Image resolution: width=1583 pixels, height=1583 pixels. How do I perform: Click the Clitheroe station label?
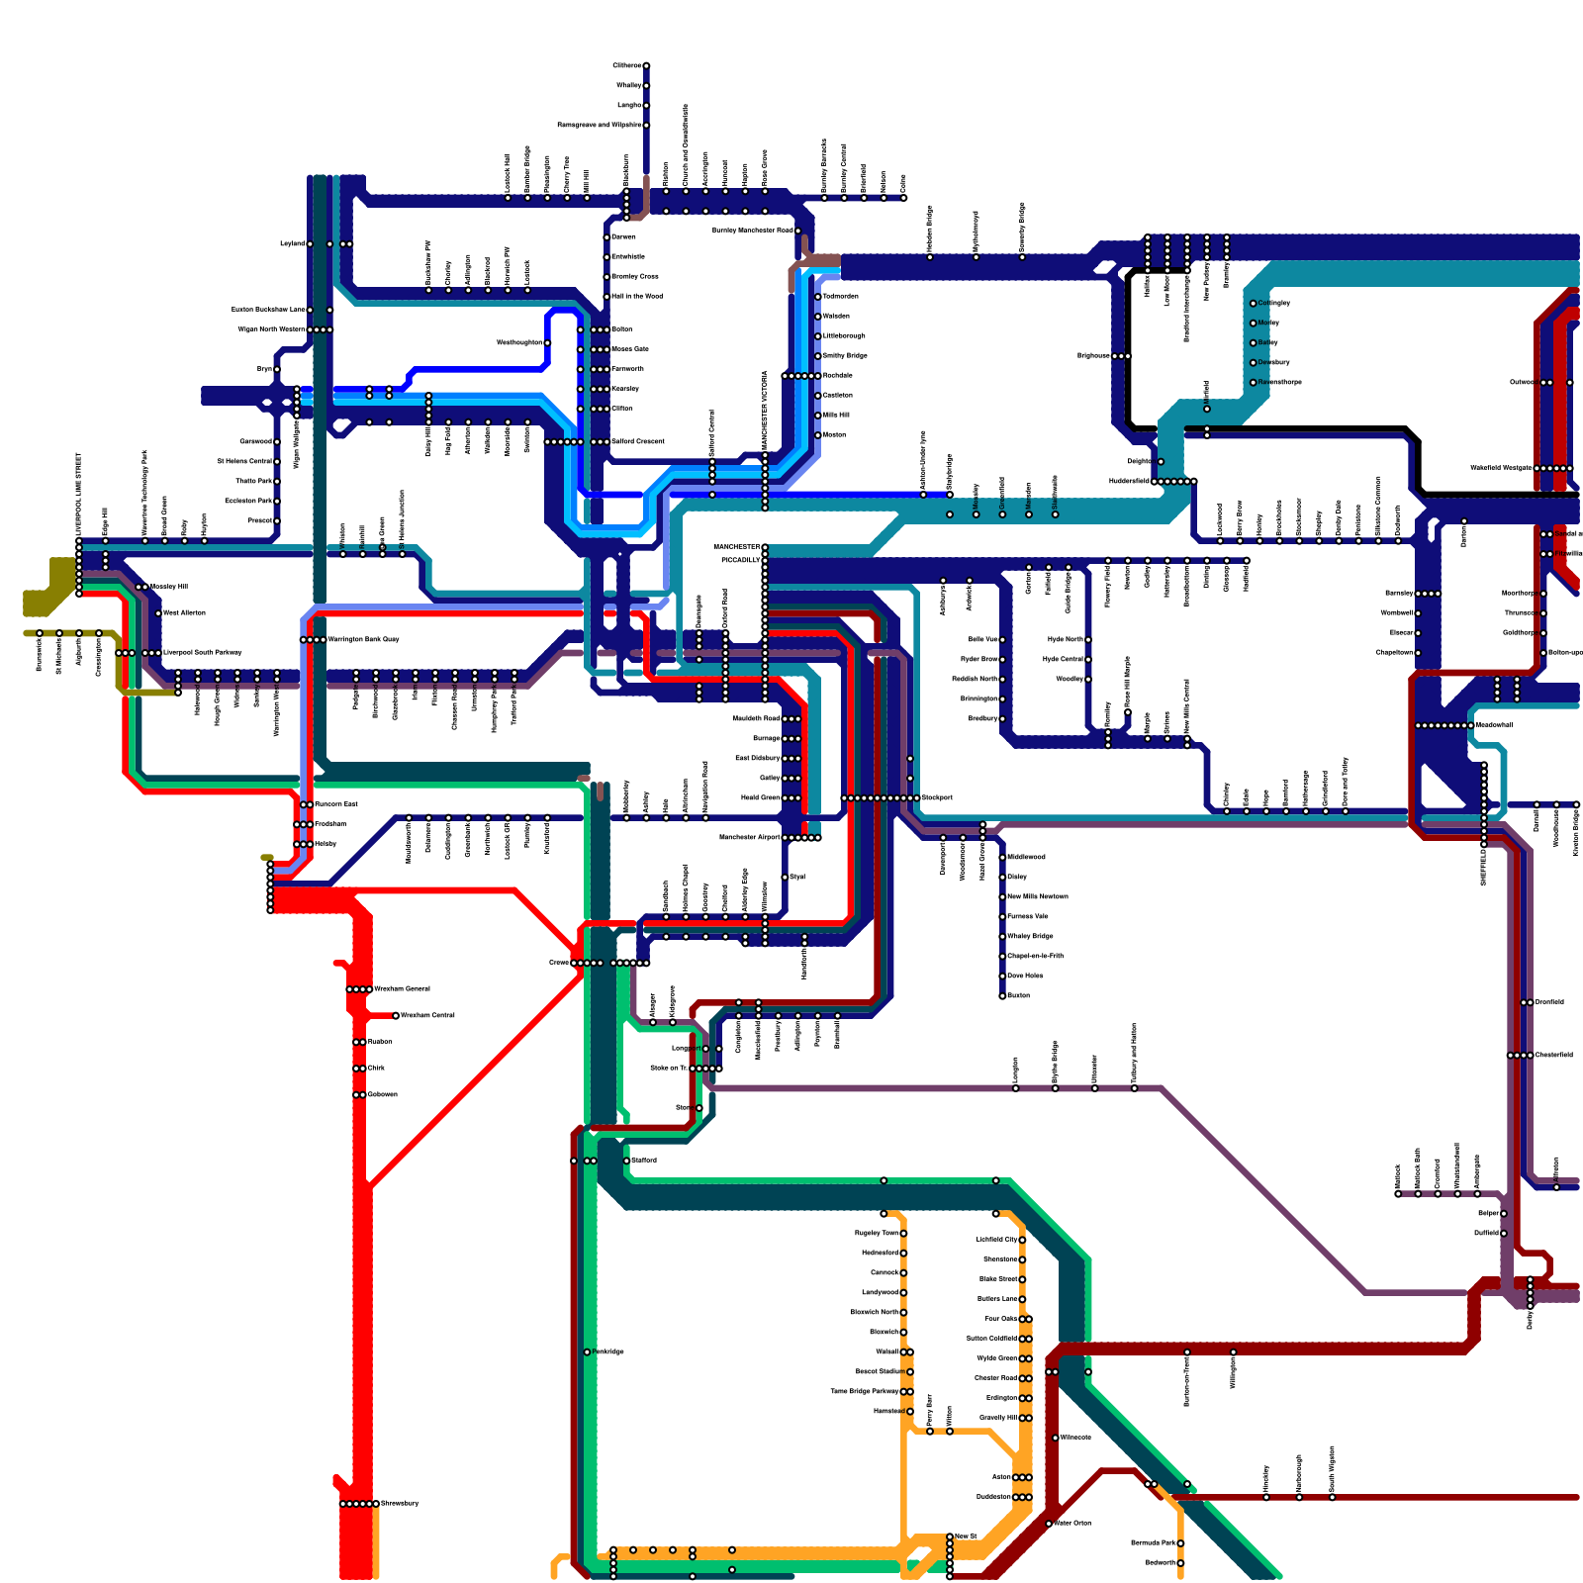pyautogui.click(x=627, y=66)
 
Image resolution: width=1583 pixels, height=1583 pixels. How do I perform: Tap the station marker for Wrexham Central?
pyautogui.click(x=396, y=1015)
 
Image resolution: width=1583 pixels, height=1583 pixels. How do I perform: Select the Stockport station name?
pyautogui.click(x=938, y=797)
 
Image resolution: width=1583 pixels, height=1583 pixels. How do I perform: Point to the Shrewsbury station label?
pyautogui.click(x=400, y=1504)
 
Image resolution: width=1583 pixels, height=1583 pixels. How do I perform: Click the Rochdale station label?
pyautogui.click(x=838, y=376)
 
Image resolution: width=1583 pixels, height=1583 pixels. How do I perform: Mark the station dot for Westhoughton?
pyautogui.click(x=547, y=343)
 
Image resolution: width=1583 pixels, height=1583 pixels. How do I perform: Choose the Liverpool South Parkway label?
pyautogui.click(x=202, y=653)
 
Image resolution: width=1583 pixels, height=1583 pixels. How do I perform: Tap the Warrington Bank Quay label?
pyautogui.click(x=363, y=639)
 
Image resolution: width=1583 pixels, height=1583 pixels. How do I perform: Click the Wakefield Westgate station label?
pyautogui.click(x=1501, y=468)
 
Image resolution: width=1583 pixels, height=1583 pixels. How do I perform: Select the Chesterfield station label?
pyautogui.click(x=1553, y=1055)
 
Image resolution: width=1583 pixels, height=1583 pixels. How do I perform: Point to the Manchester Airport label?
pyautogui.click(x=751, y=838)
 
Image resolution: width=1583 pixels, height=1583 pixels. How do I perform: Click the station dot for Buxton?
pyautogui.click(x=1002, y=995)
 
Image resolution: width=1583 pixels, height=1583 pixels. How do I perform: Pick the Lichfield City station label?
pyautogui.click(x=996, y=1240)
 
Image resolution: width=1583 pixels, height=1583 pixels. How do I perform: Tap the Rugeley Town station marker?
pyautogui.click(x=903, y=1233)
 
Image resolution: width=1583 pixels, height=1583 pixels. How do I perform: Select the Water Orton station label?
pyautogui.click(x=1072, y=1523)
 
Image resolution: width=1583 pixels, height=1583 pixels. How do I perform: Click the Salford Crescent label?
pyautogui.click(x=638, y=441)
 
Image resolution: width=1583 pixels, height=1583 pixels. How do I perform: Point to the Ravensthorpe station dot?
pyautogui.click(x=1253, y=382)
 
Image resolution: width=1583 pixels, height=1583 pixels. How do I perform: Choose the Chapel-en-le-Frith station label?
pyautogui.click(x=1035, y=956)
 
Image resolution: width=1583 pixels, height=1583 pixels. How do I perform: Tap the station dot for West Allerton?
pyautogui.click(x=158, y=613)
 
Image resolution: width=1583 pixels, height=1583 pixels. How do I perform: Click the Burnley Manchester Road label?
pyautogui.click(x=753, y=231)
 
